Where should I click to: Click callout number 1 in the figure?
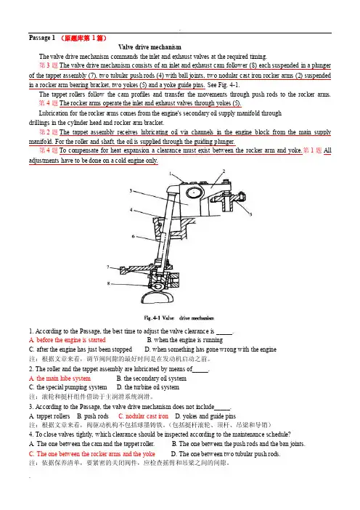coord(170,174)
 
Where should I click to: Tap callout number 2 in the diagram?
coord(224,171)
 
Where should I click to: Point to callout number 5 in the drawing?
coord(251,214)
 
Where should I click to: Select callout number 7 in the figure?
coord(108,267)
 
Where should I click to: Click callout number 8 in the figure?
coord(109,283)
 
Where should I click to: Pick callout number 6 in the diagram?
coord(134,236)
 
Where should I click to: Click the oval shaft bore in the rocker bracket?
coord(194,193)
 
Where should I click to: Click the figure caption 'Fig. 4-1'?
coord(152,317)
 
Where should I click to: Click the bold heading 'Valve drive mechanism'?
coord(150,47)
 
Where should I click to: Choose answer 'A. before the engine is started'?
coord(67,340)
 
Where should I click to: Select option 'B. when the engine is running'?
coord(185,340)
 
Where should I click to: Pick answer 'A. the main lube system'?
coord(60,379)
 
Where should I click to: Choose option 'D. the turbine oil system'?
coord(148,387)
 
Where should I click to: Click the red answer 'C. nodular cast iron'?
coord(143,416)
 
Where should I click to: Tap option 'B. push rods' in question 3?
coord(93,416)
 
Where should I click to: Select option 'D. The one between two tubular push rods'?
coord(226,454)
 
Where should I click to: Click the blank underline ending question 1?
coord(224,334)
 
